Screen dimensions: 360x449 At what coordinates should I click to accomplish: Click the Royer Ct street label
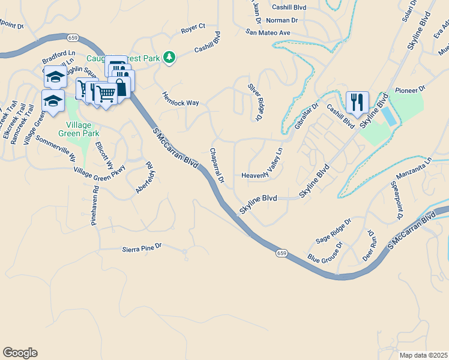tap(193, 28)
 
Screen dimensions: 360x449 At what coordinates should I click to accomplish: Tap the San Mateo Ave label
tap(267, 32)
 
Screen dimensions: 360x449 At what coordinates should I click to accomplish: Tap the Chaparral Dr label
tap(217, 166)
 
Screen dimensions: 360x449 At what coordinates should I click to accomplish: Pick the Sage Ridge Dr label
tap(333, 231)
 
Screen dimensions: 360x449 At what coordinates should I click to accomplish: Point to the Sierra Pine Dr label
tap(142, 247)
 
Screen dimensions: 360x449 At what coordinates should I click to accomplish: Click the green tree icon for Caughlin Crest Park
tap(170, 57)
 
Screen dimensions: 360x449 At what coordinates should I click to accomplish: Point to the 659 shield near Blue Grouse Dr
tap(281, 253)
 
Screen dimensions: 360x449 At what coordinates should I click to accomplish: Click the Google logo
tap(20, 353)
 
